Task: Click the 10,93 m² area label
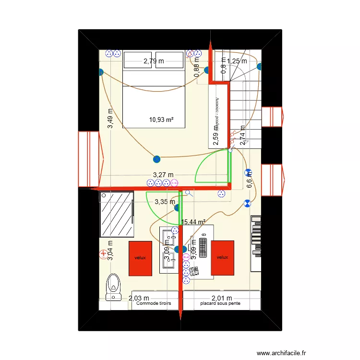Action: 161,120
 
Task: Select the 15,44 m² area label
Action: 193,222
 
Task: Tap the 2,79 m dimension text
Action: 154,61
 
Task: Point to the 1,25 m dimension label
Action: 237,61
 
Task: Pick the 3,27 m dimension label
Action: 163,175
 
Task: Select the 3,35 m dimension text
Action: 165,202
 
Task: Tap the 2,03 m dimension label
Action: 139,298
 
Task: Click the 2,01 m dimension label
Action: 222,298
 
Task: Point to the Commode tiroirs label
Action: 154,304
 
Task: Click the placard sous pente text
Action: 221,304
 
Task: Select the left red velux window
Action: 140,257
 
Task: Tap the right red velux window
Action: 222,257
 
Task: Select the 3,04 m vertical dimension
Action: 110,250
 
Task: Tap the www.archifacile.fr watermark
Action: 282,352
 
